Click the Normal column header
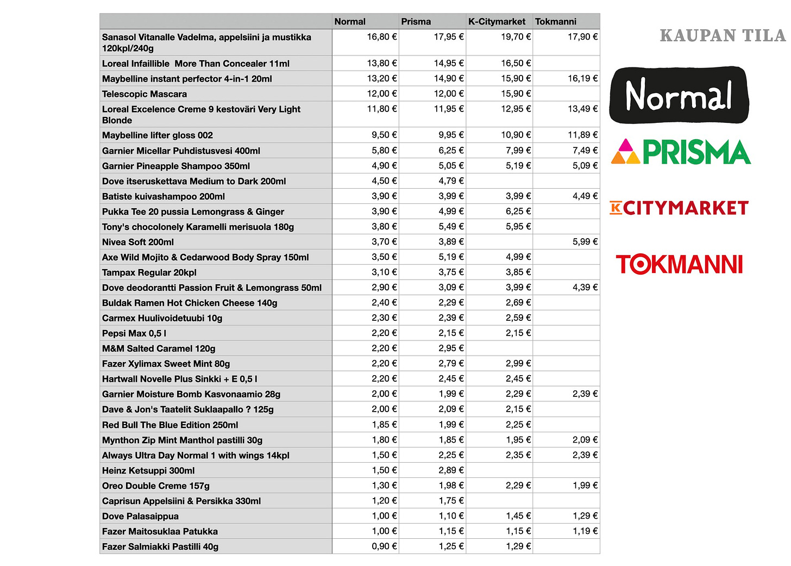click(350, 22)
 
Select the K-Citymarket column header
click(497, 22)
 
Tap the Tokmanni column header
click(555, 22)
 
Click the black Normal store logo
click(679, 95)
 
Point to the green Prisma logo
click(681, 152)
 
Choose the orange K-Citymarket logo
click(679, 208)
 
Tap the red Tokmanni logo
click(679, 264)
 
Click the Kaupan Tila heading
click(723, 36)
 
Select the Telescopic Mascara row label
click(145, 94)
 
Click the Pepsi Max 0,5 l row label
click(134, 333)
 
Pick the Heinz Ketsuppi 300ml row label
click(148, 471)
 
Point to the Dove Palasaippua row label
click(140, 517)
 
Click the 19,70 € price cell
click(516, 37)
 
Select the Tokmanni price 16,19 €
click(582, 78)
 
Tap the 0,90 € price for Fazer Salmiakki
click(384, 546)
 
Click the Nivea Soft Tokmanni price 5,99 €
click(585, 241)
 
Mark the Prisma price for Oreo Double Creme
click(451, 486)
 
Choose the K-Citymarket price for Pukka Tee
click(518, 211)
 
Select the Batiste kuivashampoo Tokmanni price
click(585, 196)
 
